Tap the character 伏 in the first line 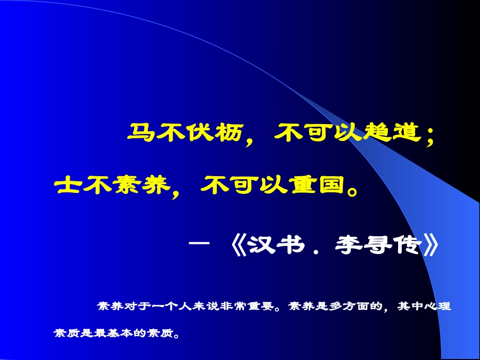pyautogui.click(x=195, y=133)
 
